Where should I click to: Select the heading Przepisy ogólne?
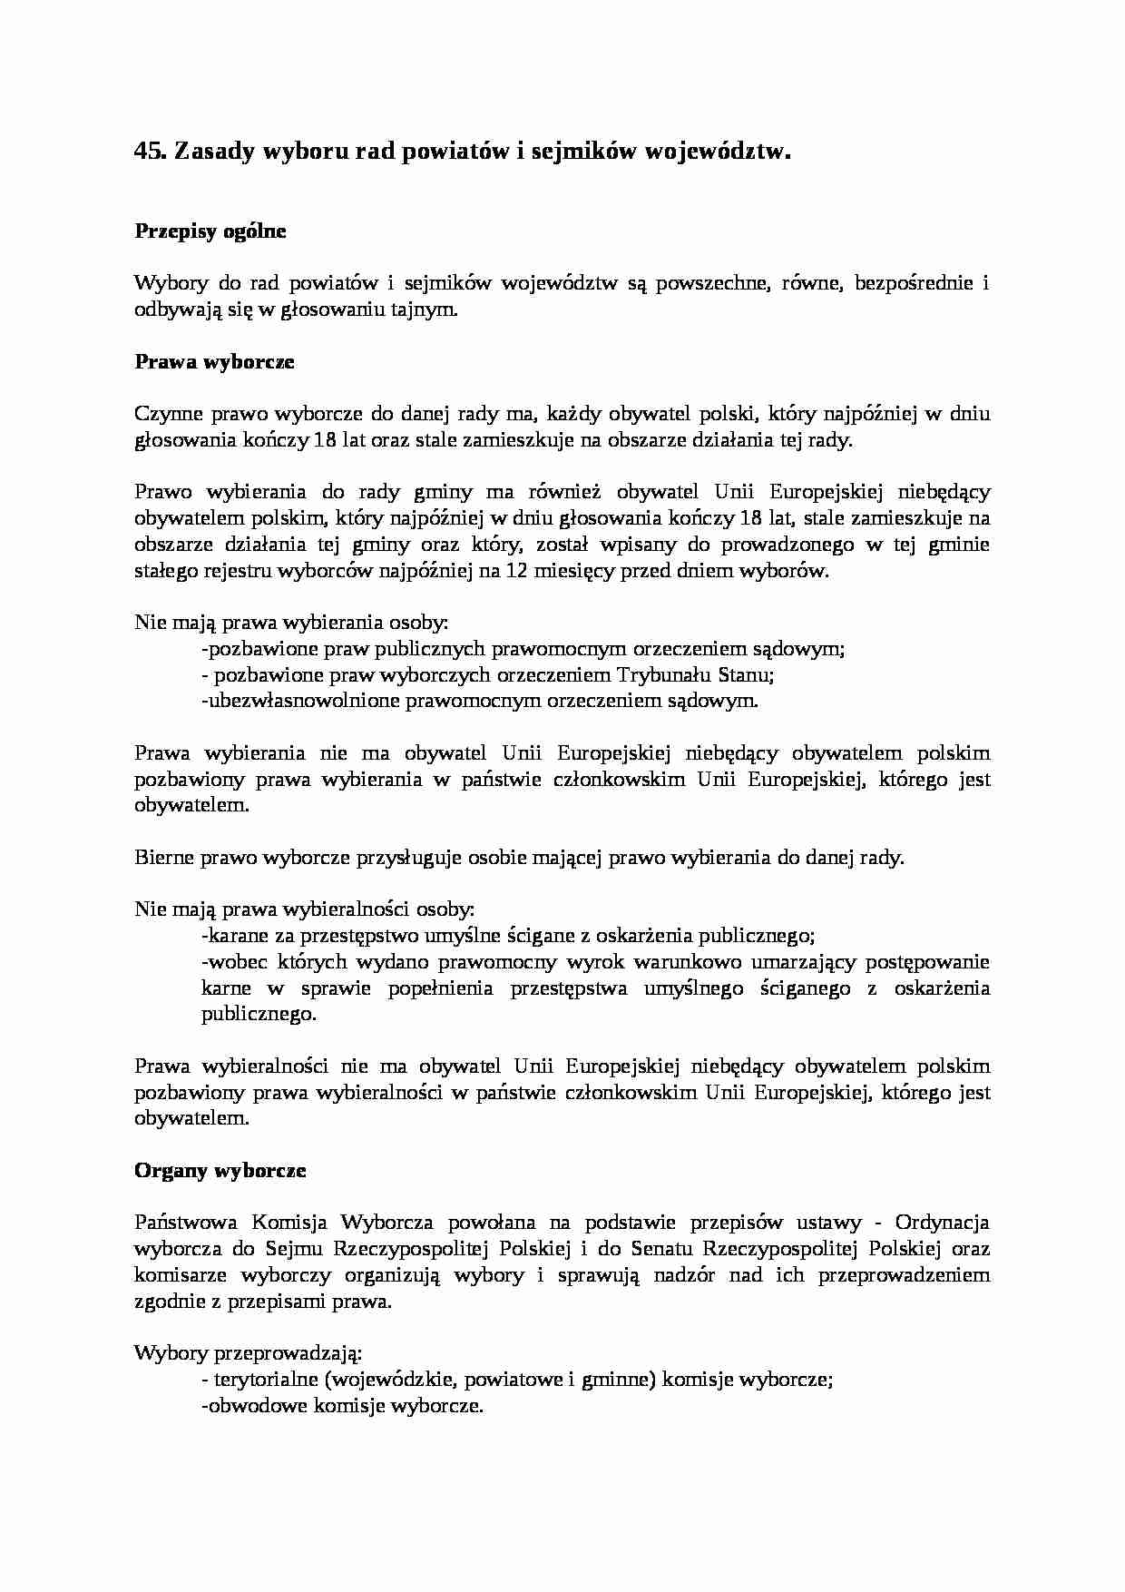(x=210, y=231)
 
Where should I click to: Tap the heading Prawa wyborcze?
(x=214, y=362)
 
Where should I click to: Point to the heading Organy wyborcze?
(x=220, y=1171)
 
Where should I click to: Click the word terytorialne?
(x=264, y=1380)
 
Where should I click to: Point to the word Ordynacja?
(x=942, y=1223)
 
